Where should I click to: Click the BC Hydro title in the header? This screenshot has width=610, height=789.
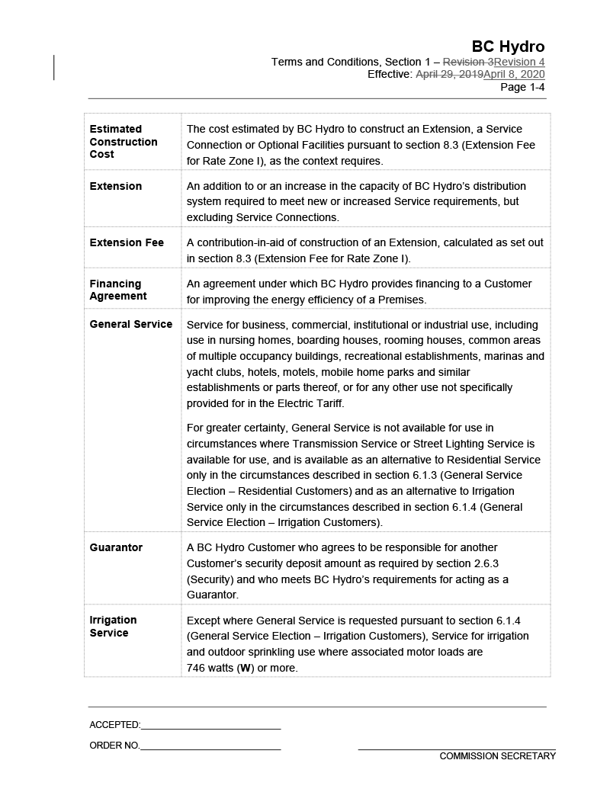tap(508, 47)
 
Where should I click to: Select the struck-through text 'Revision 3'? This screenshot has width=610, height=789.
tap(468, 62)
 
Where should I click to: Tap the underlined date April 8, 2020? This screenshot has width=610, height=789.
tap(514, 74)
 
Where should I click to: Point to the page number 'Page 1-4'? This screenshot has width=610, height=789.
tap(522, 87)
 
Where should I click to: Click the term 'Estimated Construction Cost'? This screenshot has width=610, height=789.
tap(124, 141)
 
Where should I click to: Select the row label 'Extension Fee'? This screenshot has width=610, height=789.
tap(127, 242)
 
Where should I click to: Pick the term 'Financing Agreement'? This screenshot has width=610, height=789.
tap(118, 290)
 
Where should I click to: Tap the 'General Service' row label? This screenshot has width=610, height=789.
tap(131, 324)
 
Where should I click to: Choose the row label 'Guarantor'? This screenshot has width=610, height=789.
tap(116, 547)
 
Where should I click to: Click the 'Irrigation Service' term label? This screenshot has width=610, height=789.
tap(113, 626)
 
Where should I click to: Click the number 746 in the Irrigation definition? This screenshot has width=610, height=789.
tap(197, 668)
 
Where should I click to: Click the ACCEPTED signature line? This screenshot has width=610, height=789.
tap(210, 726)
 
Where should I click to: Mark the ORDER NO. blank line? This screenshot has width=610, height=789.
tap(210, 746)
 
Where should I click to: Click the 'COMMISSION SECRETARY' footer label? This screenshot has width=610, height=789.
tap(497, 756)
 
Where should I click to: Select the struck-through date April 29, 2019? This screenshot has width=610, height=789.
tap(449, 74)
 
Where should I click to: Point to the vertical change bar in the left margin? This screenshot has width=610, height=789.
tap(54, 67)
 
